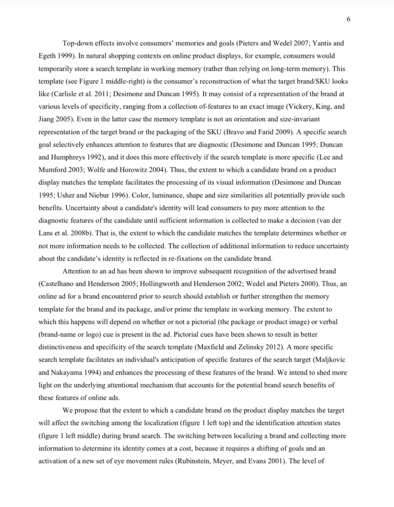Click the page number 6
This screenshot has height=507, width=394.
[x=349, y=19]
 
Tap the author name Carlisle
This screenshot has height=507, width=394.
[x=61, y=94]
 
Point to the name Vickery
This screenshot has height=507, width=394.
[x=299, y=107]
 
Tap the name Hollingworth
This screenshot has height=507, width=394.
[x=160, y=284]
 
